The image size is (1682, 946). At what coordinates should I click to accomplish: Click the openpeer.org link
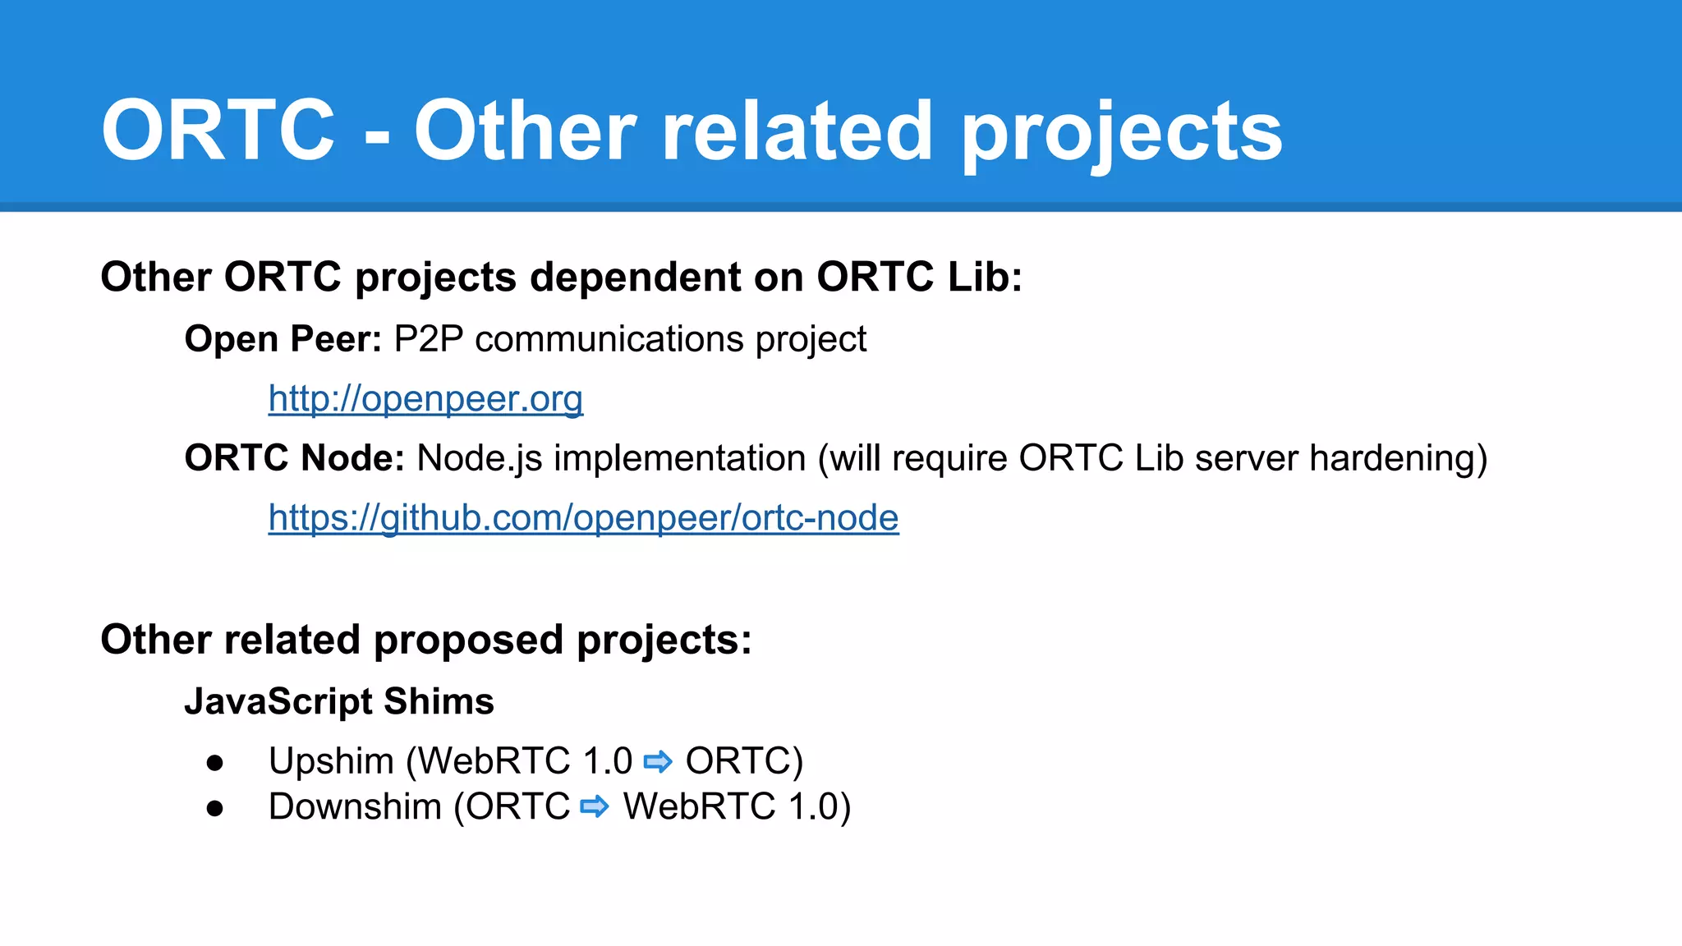pos(425,399)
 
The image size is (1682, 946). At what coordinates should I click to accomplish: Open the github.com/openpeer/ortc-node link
pos(583,518)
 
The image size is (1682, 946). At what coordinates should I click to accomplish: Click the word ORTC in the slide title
pos(218,131)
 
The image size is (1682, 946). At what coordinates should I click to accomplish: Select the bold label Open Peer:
pos(283,339)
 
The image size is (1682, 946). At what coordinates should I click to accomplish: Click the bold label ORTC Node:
pos(294,458)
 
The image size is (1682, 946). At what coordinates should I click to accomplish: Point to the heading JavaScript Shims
pos(338,702)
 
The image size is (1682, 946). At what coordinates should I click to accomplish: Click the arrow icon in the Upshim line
pos(658,762)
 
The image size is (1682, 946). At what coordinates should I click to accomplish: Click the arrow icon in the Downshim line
pos(595,807)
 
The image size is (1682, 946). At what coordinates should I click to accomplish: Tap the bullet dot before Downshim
pos(215,809)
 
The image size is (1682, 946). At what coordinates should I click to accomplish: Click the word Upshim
pos(331,762)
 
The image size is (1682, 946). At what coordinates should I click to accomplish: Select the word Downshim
pos(355,807)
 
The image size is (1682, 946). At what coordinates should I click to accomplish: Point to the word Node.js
pos(480,459)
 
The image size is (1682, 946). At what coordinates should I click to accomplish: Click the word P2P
pos(429,339)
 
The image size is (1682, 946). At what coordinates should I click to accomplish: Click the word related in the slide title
pos(797,131)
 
